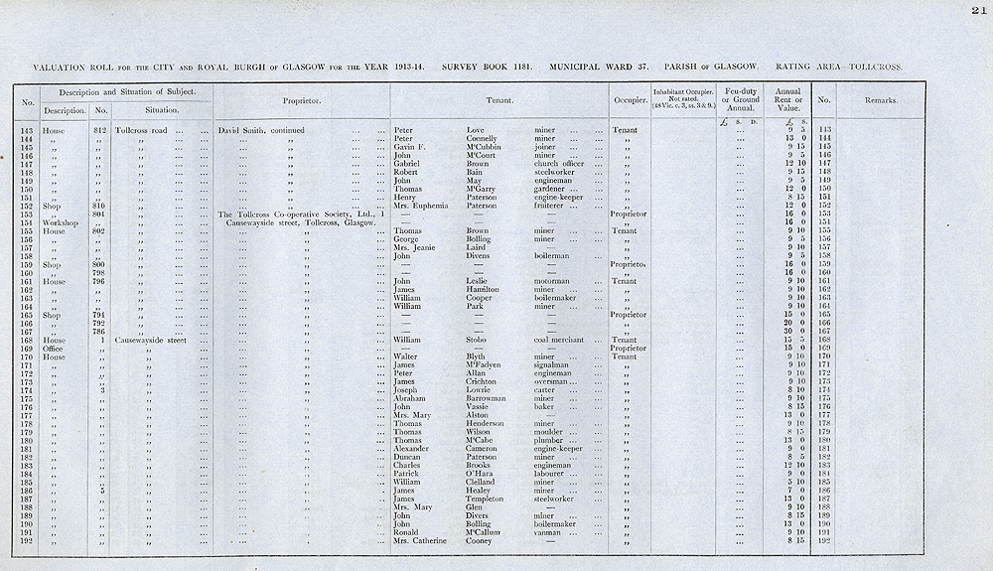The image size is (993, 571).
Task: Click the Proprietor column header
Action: (301, 100)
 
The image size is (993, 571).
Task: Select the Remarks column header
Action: (881, 100)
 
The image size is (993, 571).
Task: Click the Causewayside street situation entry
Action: (150, 340)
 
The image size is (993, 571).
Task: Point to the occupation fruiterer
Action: (551, 206)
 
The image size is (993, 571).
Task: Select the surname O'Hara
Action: (481, 474)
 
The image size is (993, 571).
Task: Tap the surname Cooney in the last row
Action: (481, 541)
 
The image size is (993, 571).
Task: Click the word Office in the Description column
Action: (54, 349)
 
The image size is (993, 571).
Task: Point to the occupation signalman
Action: (553, 365)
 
